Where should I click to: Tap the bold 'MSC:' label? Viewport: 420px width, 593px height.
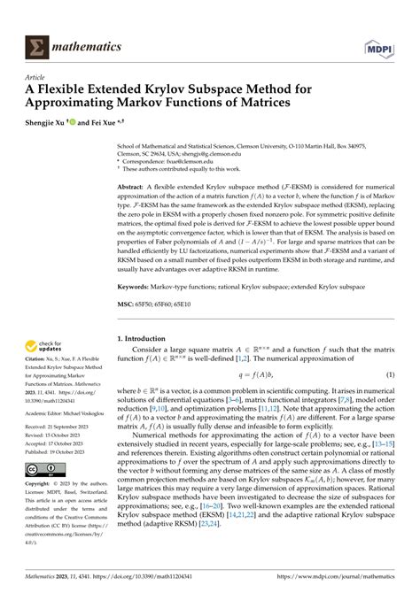click(x=129, y=308)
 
